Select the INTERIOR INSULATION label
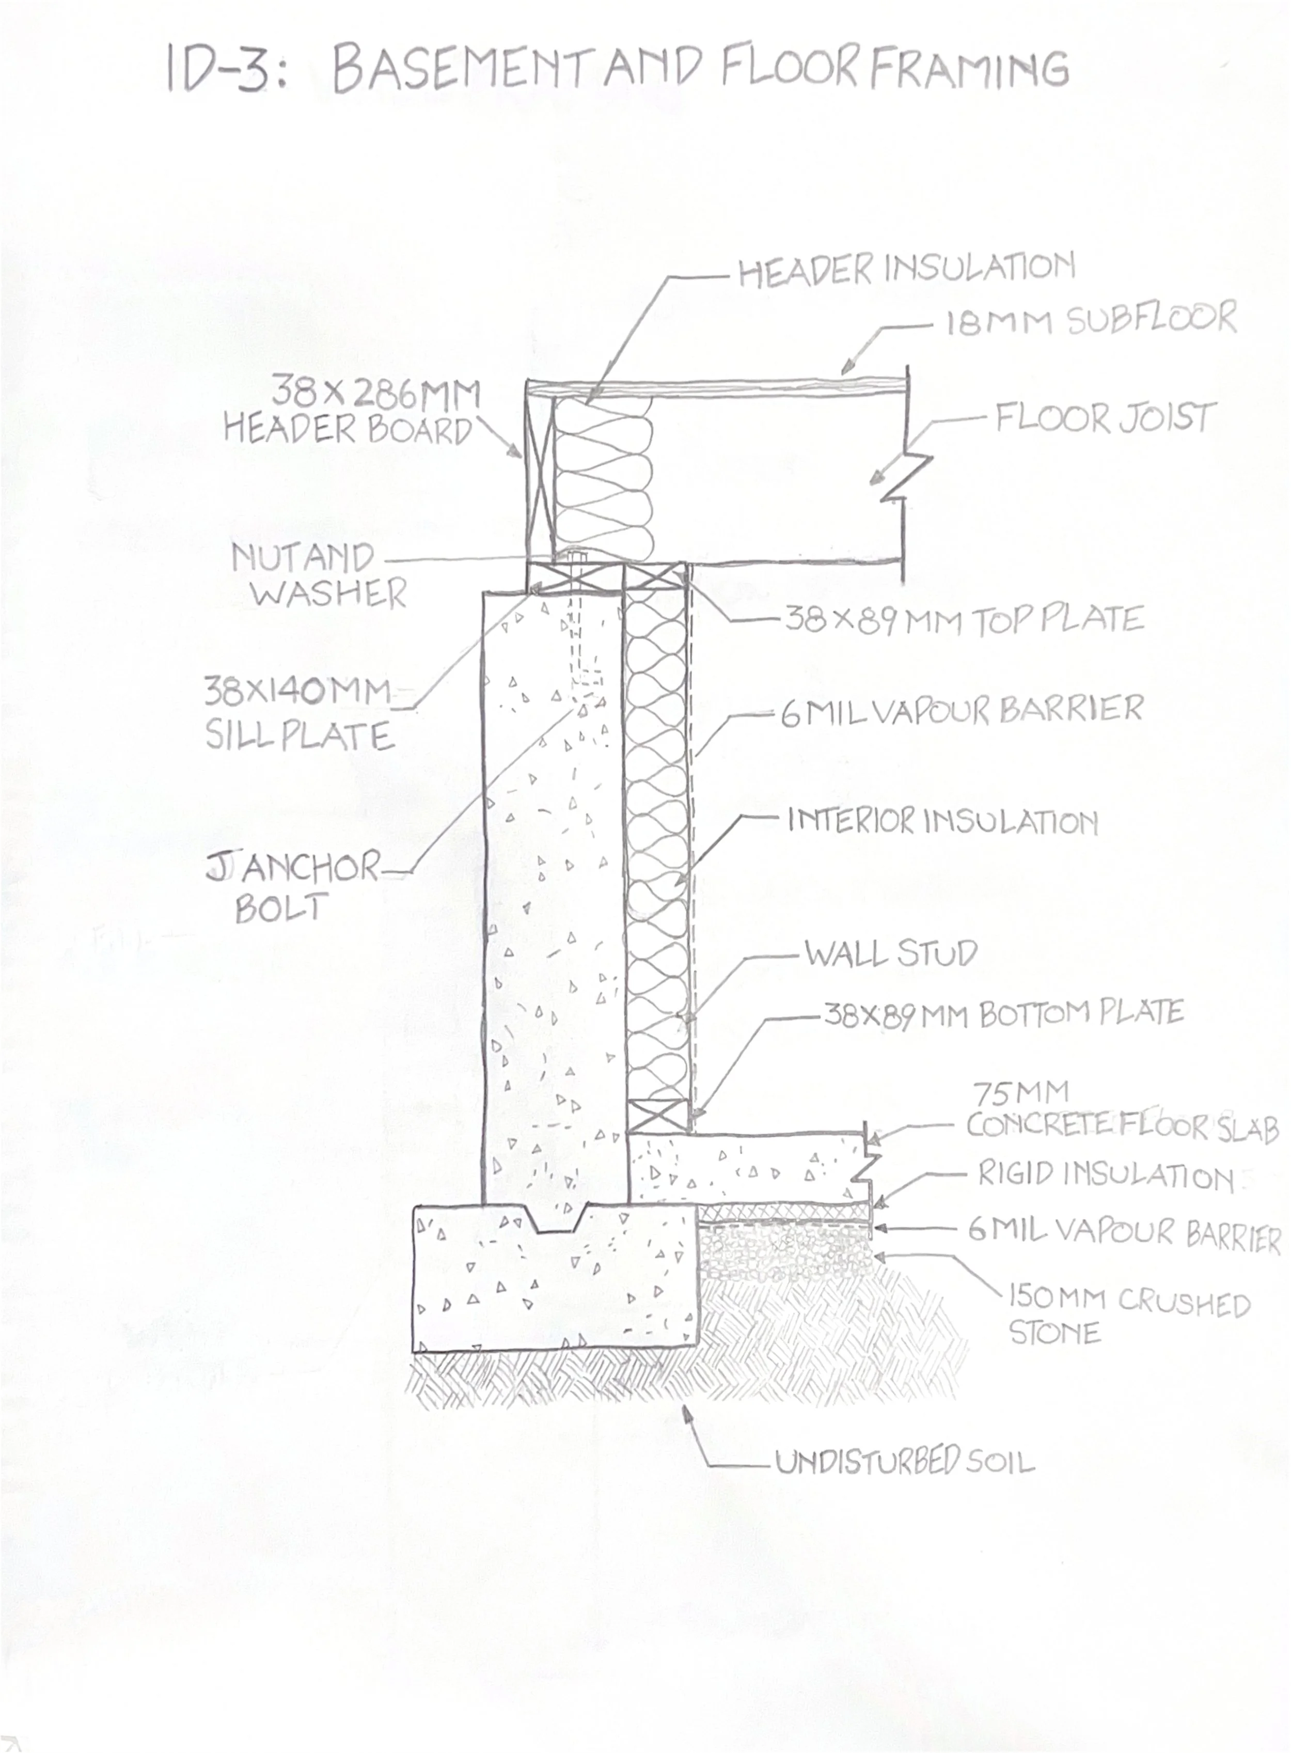pyautogui.click(x=942, y=821)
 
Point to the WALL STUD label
pyautogui.click(x=891, y=953)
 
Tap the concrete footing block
pyautogui.click(x=555, y=1282)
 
